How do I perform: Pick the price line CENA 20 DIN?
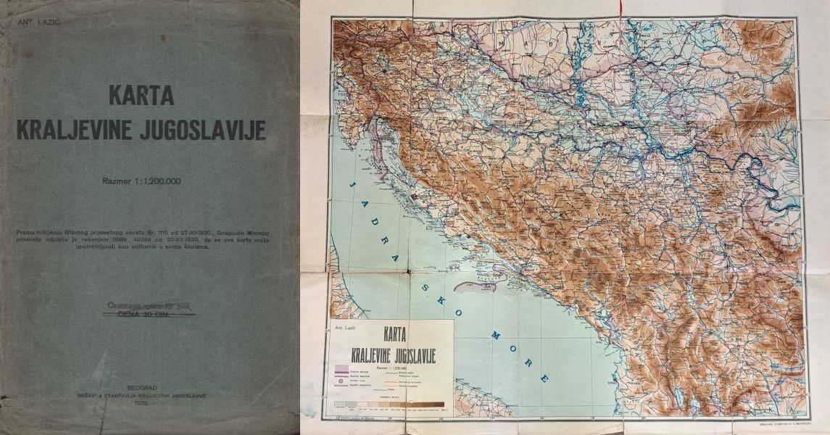149,315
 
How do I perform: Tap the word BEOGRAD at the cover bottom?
143,388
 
